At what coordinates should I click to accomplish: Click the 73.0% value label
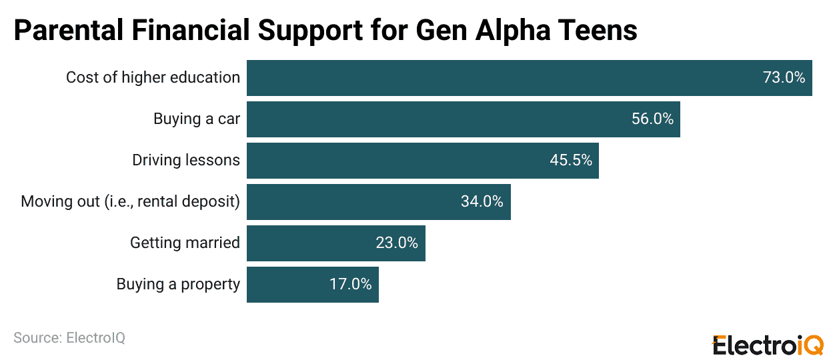click(784, 78)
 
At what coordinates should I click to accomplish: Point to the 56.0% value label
click(652, 119)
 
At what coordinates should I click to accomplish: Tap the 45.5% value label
click(571, 161)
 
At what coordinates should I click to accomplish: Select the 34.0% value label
click(482, 202)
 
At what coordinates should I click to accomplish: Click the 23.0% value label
click(397, 243)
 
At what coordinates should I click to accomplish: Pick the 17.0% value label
click(350, 285)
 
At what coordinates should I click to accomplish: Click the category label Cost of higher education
click(153, 78)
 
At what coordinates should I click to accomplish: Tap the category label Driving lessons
click(186, 161)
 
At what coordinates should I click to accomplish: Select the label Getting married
click(185, 243)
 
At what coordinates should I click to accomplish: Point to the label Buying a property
click(178, 285)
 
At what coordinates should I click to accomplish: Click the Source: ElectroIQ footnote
click(69, 338)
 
